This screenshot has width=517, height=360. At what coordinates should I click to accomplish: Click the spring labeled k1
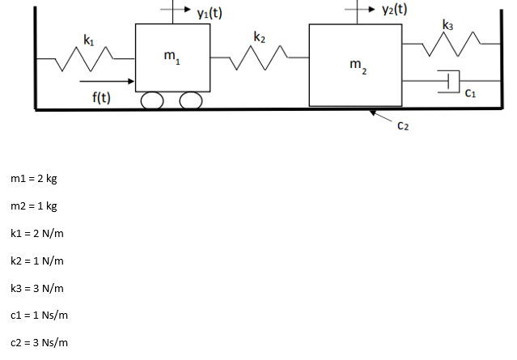(86, 58)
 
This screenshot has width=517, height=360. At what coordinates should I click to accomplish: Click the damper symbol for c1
(449, 81)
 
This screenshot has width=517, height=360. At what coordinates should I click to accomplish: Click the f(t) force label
(101, 98)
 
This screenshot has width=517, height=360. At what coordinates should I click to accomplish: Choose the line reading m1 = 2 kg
(34, 178)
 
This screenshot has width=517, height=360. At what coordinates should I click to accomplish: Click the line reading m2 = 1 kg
(34, 205)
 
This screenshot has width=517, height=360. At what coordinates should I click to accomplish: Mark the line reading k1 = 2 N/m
(37, 233)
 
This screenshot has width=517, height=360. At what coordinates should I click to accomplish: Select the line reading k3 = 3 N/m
(37, 288)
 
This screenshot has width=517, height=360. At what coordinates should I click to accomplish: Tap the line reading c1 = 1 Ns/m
(39, 316)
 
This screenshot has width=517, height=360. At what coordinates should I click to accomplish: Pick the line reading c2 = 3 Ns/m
(39, 343)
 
